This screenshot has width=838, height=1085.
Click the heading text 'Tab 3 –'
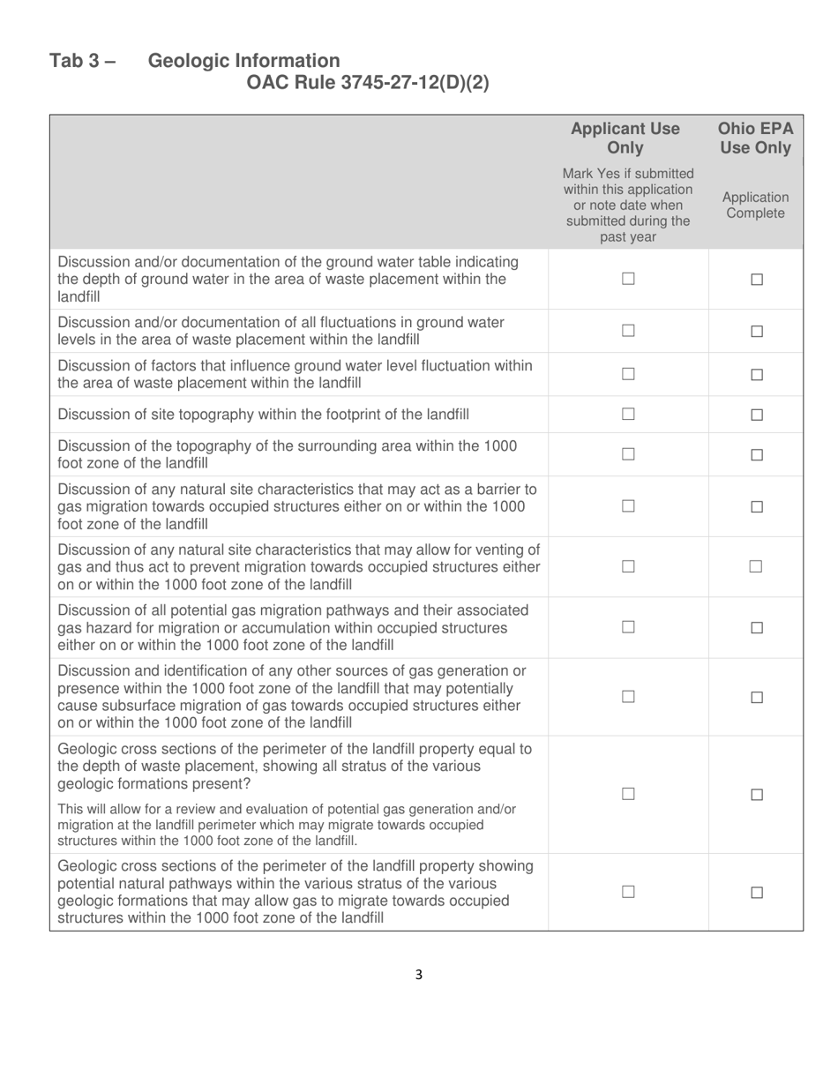pyautogui.click(x=82, y=61)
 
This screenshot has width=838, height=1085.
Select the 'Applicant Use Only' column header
pyautogui.click(x=625, y=138)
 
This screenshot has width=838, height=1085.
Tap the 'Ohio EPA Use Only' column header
pyautogui.click(x=755, y=138)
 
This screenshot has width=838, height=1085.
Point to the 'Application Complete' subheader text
pyautogui.click(x=755, y=206)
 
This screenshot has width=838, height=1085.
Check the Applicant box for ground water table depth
pyautogui.click(x=628, y=279)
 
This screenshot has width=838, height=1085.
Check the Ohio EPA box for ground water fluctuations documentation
pyautogui.click(x=756, y=332)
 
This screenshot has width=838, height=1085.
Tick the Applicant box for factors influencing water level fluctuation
pyautogui.click(x=628, y=374)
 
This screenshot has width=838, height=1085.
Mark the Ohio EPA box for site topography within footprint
pyautogui.click(x=756, y=415)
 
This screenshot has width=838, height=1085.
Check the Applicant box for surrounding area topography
pyautogui.click(x=628, y=454)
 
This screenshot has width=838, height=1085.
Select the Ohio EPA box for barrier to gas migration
pyautogui.click(x=756, y=507)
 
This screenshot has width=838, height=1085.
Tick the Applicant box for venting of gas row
pyautogui.click(x=628, y=567)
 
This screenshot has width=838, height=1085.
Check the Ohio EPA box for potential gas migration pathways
pyautogui.click(x=756, y=628)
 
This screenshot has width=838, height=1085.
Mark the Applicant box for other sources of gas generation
pyautogui.click(x=628, y=697)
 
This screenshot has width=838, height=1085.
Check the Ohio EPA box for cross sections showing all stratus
pyautogui.click(x=756, y=795)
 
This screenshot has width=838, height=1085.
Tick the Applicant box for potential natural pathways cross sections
pyautogui.click(x=628, y=892)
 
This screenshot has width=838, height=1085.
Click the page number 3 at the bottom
pyautogui.click(x=419, y=975)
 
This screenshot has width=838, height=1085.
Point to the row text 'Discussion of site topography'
pyautogui.click(x=263, y=415)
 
